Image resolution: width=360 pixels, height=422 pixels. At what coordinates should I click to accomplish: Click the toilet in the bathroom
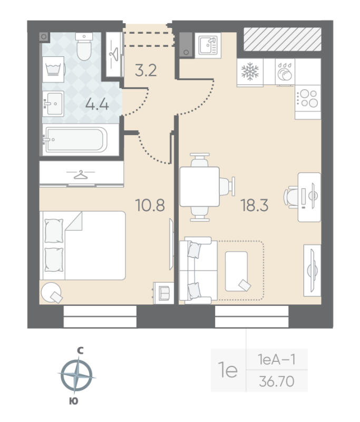84,46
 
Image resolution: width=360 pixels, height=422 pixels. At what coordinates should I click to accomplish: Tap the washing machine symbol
54,70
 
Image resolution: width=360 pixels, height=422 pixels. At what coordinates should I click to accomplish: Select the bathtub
76,139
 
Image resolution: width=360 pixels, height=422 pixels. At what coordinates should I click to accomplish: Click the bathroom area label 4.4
97,104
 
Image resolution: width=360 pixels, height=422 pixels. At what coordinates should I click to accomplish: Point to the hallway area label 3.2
145,71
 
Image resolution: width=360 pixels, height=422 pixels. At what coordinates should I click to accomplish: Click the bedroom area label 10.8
150,205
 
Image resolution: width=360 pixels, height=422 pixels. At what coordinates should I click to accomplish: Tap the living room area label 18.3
255,205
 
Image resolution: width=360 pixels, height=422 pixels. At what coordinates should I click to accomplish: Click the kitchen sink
208,45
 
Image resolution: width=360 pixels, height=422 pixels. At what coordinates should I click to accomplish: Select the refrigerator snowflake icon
250,72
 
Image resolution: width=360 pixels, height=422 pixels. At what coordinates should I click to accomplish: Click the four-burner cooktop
308,99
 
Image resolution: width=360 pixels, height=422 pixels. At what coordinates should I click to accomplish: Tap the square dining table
199,187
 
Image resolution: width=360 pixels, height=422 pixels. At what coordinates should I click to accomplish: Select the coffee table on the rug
236,271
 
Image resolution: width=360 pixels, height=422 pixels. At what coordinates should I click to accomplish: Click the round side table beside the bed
51,293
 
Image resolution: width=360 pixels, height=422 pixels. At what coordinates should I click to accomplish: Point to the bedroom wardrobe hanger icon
81,175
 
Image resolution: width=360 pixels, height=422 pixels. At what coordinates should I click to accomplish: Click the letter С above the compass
80,350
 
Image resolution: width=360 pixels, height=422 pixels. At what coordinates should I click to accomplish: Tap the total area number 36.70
277,381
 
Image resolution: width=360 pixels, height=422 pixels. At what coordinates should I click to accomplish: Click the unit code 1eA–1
277,359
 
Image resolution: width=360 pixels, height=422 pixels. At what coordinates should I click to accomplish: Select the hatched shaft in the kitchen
283,39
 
